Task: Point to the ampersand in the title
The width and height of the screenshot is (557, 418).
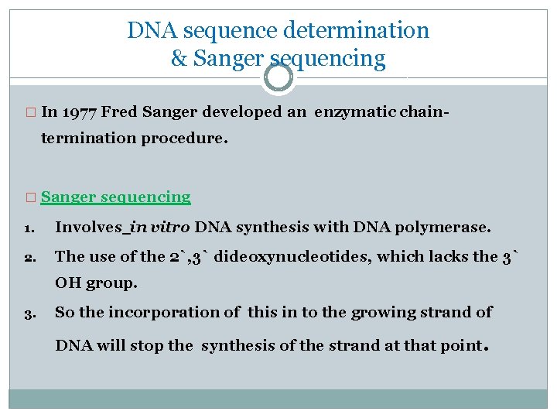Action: pos(179,59)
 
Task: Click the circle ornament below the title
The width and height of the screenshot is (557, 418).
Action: pos(278,77)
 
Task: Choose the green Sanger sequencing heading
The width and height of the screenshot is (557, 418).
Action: pos(116,197)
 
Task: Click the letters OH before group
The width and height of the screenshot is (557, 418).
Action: pos(67,283)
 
